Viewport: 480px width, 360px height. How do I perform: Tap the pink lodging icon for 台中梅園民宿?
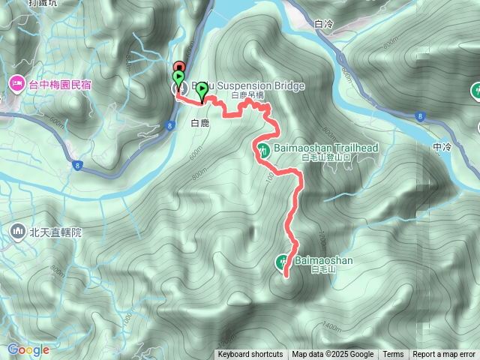(16, 83)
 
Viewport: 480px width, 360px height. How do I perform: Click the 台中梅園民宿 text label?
(60, 84)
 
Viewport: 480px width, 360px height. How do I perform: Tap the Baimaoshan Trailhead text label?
(330, 148)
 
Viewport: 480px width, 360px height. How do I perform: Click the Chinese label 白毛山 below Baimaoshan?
(320, 270)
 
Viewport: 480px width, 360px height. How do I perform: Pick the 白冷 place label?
(324, 24)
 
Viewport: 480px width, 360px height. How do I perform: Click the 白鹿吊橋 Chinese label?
(247, 96)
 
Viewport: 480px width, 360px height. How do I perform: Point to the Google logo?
(28, 349)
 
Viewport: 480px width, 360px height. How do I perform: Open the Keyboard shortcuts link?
(250, 355)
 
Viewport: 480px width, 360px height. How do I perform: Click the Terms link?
(393, 355)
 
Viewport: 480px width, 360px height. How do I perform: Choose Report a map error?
(444, 355)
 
